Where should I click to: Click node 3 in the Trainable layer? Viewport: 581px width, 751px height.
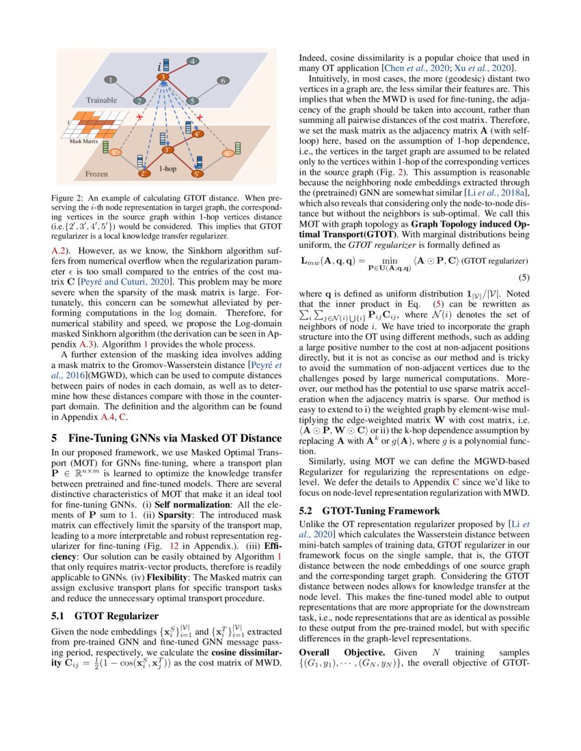point(163,79)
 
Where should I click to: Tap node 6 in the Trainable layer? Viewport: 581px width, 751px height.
point(222,81)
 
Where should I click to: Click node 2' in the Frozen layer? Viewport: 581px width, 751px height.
point(144,174)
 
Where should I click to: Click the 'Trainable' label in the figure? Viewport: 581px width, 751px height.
point(101,100)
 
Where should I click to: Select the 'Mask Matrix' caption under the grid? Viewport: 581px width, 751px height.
point(84,141)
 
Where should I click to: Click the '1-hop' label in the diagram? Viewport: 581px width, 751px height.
point(169,167)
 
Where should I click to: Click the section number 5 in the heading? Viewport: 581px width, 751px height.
point(55,438)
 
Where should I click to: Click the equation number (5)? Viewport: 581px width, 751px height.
point(523,278)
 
